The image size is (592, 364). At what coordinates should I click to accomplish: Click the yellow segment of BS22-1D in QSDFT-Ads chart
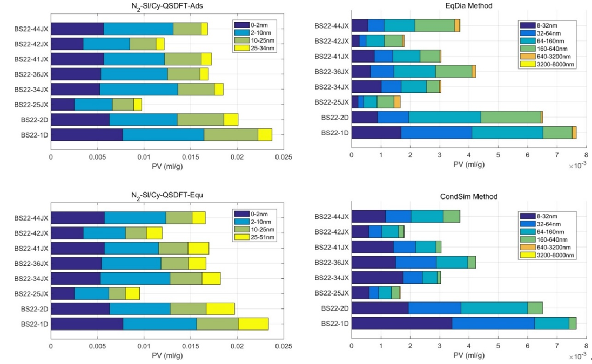[x=265, y=135]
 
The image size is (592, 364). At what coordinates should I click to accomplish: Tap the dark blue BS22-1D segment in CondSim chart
[x=401, y=323]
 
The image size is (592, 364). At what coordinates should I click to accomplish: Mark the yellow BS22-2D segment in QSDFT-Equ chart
[x=220, y=308]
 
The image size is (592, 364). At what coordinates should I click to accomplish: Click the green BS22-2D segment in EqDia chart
[x=510, y=117]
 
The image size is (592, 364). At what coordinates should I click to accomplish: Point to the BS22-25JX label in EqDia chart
[x=333, y=102]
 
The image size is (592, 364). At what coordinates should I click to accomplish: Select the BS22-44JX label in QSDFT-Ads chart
[x=31, y=29]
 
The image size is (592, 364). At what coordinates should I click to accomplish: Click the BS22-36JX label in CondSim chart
[x=333, y=263]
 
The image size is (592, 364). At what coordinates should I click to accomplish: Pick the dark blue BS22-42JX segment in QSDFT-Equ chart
[x=67, y=233]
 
